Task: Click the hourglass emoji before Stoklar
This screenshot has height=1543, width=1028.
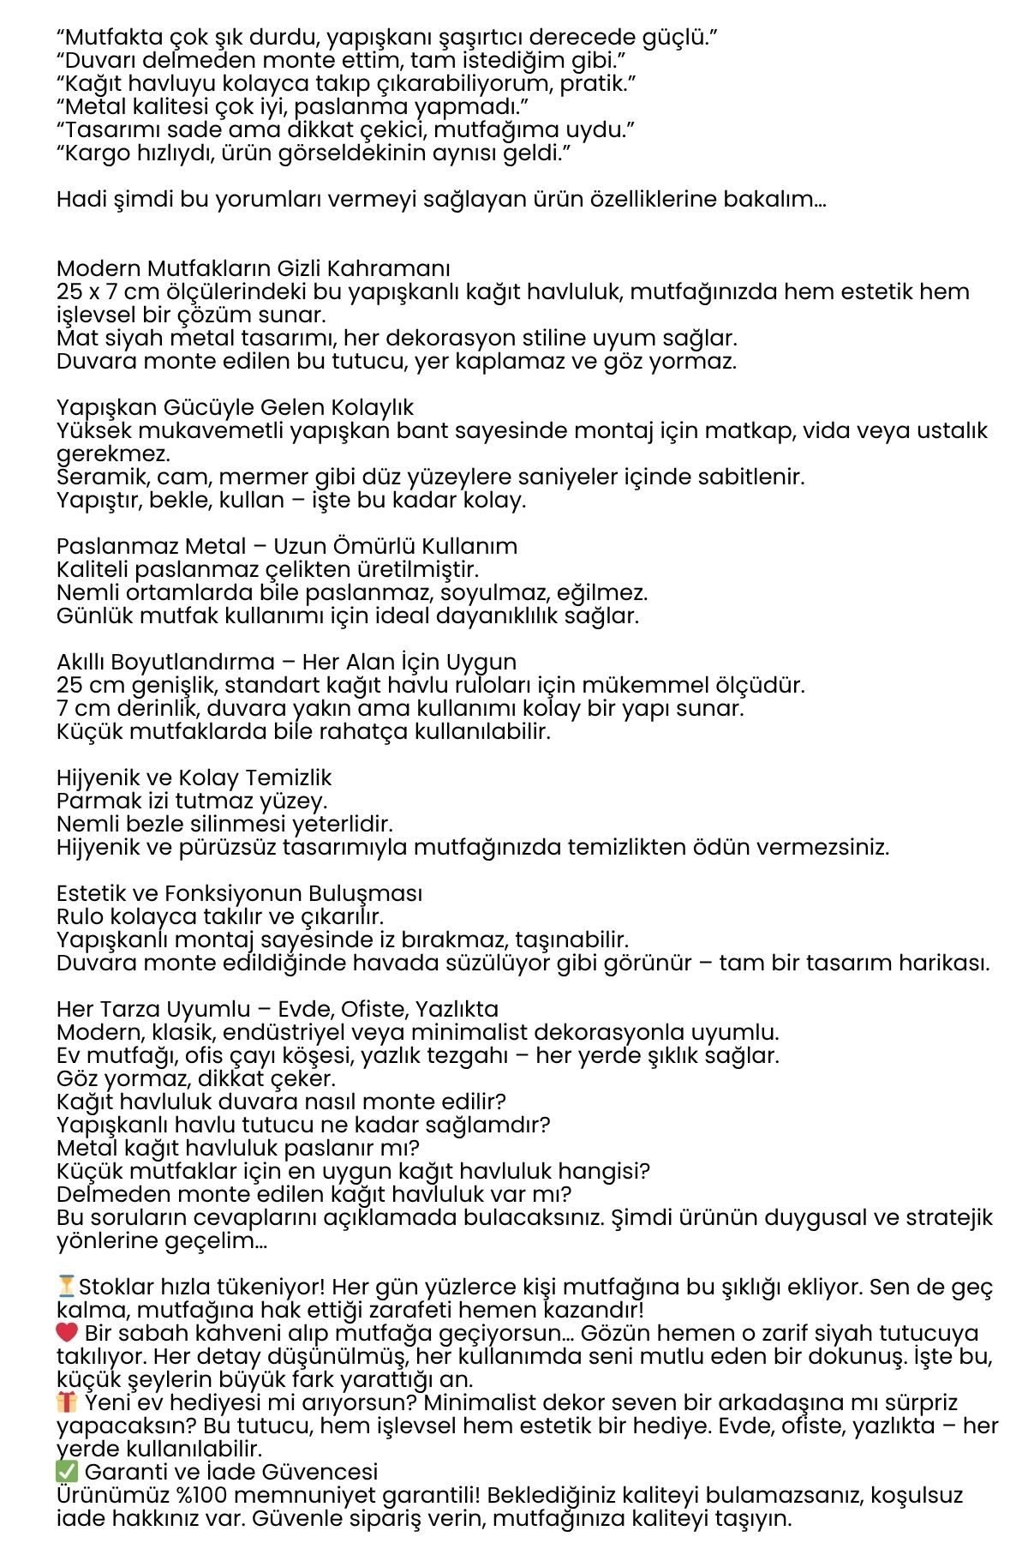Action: pyautogui.click(x=66, y=1287)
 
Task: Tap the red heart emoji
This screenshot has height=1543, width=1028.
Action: pyautogui.click(x=67, y=1333)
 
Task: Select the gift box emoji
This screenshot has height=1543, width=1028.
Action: pyautogui.click(x=67, y=1402)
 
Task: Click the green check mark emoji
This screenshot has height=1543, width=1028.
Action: pyautogui.click(x=67, y=1472)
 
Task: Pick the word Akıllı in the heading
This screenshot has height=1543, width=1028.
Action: pyautogui.click(x=81, y=662)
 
